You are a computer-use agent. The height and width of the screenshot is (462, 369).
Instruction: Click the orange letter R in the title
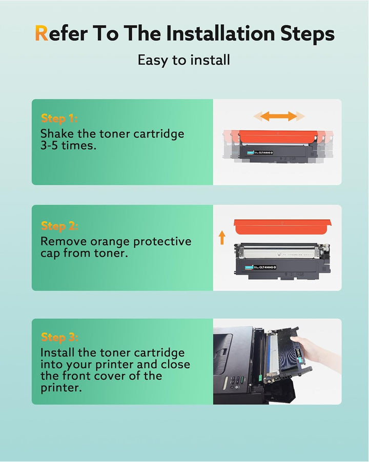click(x=42, y=34)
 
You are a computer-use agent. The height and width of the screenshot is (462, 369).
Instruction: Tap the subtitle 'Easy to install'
click(x=184, y=60)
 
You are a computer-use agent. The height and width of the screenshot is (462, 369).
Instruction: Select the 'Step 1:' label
click(x=59, y=119)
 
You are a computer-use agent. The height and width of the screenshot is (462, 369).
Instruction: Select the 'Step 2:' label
click(x=59, y=226)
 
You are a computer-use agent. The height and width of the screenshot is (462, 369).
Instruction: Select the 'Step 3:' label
click(x=59, y=337)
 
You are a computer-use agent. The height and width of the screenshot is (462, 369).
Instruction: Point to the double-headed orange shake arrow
click(x=278, y=116)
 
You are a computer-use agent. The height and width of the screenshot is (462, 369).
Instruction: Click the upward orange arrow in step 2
click(x=222, y=237)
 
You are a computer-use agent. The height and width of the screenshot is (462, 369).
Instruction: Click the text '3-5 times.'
click(x=68, y=147)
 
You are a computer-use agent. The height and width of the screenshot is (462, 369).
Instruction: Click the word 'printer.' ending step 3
click(x=60, y=388)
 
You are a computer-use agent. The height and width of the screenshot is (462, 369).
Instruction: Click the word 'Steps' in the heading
click(x=307, y=34)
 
